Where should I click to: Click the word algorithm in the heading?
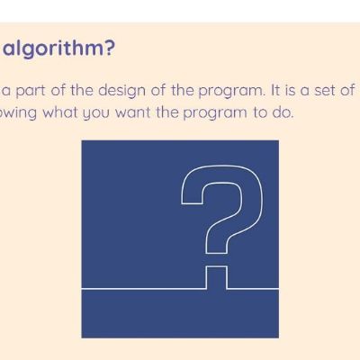(54, 49)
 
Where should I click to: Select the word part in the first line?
(31, 91)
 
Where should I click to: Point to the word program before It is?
(231, 92)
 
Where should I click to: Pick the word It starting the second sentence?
(274, 90)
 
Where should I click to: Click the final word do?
(282, 112)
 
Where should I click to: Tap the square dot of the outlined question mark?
(216, 277)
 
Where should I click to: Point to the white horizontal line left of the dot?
(144, 289)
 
